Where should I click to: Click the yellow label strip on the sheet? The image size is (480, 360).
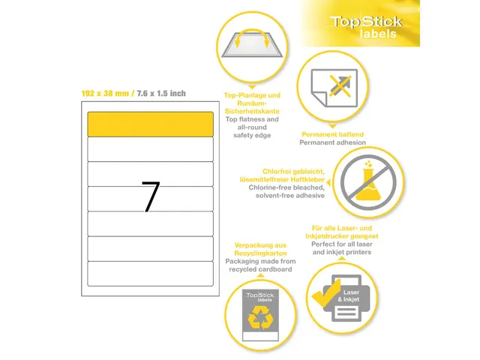[150, 124]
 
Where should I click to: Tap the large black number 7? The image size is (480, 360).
[151, 196]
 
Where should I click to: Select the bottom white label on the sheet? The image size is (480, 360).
[150, 274]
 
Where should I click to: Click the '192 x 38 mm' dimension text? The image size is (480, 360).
[105, 93]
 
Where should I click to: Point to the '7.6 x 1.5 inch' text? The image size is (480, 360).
[161, 93]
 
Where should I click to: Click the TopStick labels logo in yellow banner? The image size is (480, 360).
[366, 27]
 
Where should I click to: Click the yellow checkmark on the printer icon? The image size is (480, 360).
[326, 292]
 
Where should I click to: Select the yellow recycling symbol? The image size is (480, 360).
[260, 317]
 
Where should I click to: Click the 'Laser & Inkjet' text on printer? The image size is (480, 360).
[349, 296]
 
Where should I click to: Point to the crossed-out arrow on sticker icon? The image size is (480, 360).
[340, 86]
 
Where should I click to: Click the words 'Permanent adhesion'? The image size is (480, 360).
[332, 142]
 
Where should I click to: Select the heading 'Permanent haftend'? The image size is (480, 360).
[332, 134]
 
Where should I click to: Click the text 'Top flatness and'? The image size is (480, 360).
[252, 119]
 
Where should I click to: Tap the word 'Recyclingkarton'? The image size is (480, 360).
[260, 253]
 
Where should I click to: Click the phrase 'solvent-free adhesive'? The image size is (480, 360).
[290, 195]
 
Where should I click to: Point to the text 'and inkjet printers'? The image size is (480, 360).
[342, 252]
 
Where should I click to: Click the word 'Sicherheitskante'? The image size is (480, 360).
[252, 111]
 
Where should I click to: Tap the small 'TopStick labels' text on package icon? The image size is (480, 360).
[260, 297]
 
